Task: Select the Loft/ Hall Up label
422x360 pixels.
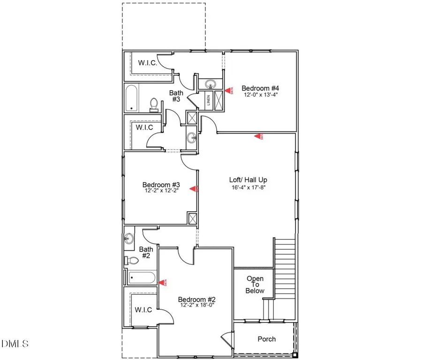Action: tap(248, 180)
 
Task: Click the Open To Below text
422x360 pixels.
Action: tap(256, 284)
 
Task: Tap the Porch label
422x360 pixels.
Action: tap(267, 339)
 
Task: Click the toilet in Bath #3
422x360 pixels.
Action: tap(154, 105)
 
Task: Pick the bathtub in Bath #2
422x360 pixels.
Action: tap(141, 278)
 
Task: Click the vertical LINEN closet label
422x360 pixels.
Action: tap(208, 100)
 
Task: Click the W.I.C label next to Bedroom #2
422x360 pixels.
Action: tap(143, 310)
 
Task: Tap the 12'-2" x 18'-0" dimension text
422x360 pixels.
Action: tap(196, 306)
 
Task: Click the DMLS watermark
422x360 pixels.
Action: tap(15, 344)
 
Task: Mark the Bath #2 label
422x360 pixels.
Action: tap(146, 253)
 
